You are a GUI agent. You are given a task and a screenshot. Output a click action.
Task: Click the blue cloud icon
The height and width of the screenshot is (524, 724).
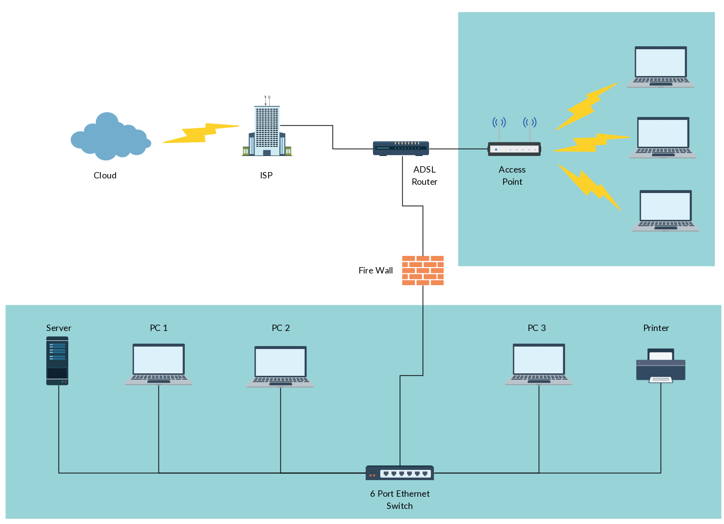click(111, 136)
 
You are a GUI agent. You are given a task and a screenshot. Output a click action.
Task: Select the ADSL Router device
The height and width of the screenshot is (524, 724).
click(401, 149)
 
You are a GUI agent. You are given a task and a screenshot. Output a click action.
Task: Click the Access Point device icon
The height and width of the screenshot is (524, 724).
click(514, 149)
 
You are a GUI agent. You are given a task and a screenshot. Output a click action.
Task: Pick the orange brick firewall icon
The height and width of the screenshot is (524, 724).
click(423, 271)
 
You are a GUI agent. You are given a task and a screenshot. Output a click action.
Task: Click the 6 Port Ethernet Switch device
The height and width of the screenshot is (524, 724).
click(400, 473)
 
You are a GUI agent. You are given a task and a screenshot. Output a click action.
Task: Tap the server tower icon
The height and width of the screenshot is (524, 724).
click(57, 361)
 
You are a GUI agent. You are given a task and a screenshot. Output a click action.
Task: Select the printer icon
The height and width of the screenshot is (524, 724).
click(661, 366)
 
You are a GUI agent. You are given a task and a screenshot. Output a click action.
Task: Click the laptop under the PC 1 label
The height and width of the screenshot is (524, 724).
click(159, 365)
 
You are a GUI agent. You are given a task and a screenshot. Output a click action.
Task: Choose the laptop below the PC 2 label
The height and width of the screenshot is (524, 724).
click(280, 367)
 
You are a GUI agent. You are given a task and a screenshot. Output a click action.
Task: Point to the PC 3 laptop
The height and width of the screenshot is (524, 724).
click(539, 365)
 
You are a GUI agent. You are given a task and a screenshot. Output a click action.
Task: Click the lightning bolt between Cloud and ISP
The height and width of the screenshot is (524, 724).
click(201, 133)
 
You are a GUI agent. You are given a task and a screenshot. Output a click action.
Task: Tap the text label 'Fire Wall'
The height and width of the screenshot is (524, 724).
click(375, 271)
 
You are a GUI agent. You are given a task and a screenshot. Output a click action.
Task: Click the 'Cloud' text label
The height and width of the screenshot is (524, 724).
click(105, 175)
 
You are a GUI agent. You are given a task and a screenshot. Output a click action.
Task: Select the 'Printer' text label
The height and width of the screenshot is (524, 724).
click(656, 328)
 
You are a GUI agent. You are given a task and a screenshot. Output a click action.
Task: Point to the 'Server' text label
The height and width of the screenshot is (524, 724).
click(59, 328)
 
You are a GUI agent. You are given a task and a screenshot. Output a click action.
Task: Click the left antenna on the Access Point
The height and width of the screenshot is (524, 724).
click(499, 129)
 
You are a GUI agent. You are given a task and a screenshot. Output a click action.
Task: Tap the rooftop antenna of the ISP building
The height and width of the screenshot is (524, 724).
click(267, 100)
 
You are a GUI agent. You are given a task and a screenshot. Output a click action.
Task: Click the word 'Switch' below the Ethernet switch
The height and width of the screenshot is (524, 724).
click(399, 506)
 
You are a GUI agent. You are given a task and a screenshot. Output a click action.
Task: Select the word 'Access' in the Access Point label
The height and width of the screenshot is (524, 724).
click(512, 170)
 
